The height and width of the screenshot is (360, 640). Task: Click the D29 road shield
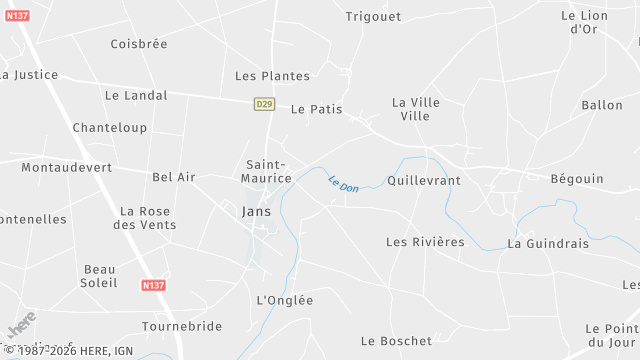point(264,103)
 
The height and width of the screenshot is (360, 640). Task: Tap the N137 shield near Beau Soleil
point(153,285)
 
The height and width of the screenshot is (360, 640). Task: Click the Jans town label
point(257,212)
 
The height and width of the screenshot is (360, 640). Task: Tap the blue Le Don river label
point(343,184)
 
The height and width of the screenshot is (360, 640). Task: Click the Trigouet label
point(372,16)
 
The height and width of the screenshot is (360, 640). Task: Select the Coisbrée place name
point(139,44)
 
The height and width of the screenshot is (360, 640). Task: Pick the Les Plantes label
point(272,76)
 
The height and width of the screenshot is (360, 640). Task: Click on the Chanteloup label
point(110,128)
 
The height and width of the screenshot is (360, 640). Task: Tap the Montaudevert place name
point(67,168)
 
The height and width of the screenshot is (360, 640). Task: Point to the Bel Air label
point(174,177)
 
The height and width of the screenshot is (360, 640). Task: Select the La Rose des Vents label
point(148,218)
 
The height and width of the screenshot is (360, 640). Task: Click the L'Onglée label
point(285,300)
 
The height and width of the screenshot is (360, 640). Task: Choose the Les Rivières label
point(425,242)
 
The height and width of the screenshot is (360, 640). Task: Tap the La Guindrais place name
point(550,243)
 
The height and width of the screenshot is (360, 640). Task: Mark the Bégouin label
point(577,179)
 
